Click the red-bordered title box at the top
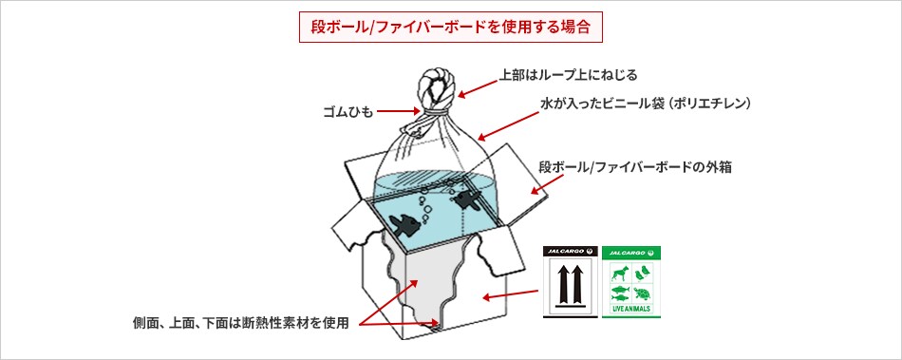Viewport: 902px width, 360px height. coord(450,26)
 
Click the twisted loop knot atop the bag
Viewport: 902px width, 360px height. coord(437,89)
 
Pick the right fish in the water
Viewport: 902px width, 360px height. coord(467,200)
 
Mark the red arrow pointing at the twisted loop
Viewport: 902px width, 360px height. coord(477,85)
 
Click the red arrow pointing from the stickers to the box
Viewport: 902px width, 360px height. coord(508,294)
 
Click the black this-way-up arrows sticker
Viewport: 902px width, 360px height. coord(571,281)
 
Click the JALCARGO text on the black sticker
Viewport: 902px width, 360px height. coord(564,253)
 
